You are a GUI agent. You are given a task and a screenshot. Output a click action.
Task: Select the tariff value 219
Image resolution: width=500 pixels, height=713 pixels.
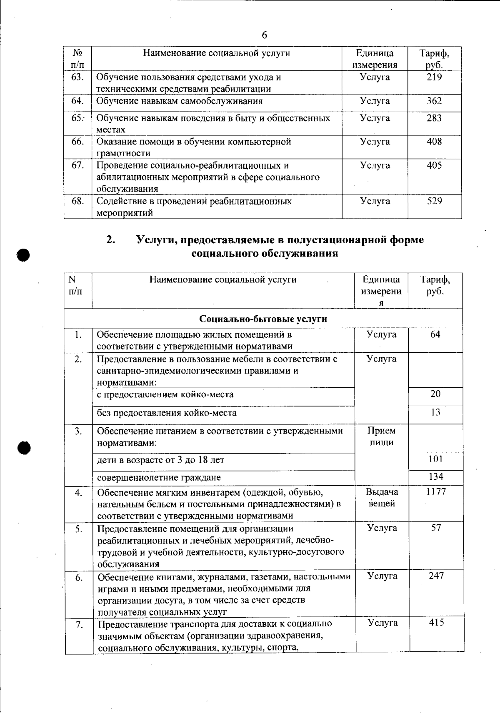click(434, 77)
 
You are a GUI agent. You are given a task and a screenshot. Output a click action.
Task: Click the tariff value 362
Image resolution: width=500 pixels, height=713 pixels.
click(434, 101)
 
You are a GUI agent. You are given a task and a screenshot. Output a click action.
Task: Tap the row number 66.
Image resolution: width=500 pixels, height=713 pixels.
click(77, 142)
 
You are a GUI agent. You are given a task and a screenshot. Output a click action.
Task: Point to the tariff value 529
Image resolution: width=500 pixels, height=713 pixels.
click(435, 201)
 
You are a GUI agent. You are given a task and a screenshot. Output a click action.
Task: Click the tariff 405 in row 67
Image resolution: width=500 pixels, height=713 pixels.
click(434, 165)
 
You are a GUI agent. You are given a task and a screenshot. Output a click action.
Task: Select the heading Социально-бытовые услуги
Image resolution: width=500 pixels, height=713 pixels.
click(263, 319)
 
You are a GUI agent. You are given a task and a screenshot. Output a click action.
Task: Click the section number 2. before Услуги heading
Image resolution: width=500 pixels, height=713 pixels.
click(110, 240)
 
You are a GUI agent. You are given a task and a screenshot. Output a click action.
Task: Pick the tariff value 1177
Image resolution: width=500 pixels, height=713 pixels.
click(436, 492)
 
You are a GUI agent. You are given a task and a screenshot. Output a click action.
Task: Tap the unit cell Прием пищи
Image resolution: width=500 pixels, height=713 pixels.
click(382, 436)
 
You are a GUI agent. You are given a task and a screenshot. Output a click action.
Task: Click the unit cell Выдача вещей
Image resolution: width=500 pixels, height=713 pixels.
click(382, 498)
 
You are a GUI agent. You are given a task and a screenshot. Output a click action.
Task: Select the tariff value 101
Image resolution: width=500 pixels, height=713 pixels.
click(435, 459)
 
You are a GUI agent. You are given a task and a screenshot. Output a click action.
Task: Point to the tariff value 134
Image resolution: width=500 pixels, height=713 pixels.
click(435, 476)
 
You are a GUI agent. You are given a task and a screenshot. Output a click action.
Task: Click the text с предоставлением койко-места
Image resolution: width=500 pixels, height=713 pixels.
click(165, 394)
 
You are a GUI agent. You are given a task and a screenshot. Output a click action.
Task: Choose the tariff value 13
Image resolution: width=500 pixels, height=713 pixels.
click(435, 412)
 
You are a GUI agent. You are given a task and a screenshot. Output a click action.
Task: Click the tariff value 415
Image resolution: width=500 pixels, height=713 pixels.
click(436, 623)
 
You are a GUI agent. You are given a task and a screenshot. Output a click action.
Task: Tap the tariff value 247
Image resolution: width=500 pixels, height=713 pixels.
click(436, 576)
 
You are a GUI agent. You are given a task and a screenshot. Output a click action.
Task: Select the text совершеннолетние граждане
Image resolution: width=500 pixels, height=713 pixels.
click(159, 478)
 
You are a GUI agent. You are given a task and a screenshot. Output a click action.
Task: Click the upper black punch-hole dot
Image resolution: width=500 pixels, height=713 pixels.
click(24, 254)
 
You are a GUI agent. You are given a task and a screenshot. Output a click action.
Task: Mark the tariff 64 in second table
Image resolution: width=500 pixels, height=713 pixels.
click(435, 334)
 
